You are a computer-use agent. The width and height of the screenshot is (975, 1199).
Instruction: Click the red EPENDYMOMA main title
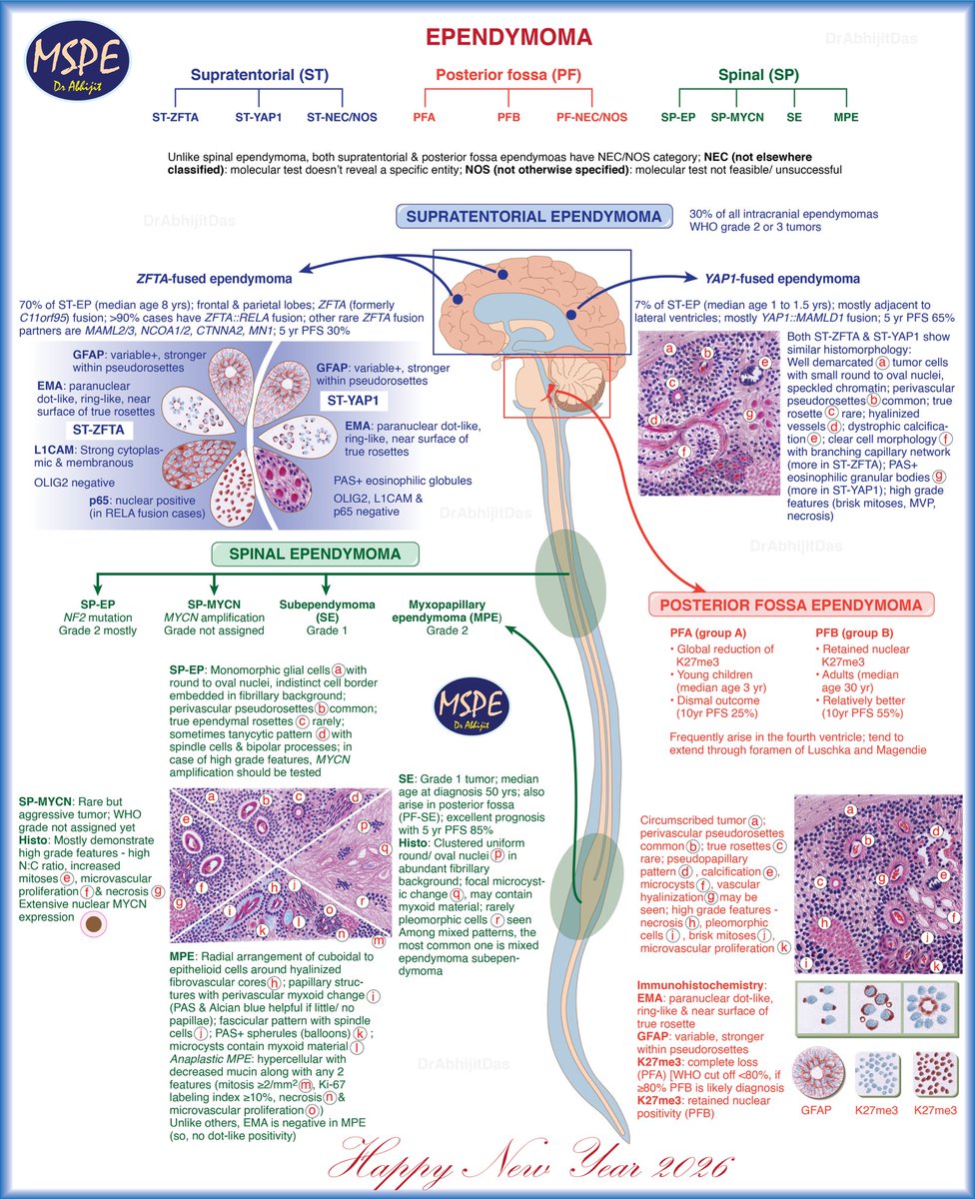click(508, 37)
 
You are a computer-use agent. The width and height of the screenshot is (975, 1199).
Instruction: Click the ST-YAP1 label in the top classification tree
click(259, 117)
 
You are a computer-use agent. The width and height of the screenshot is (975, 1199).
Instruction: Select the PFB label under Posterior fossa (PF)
click(508, 117)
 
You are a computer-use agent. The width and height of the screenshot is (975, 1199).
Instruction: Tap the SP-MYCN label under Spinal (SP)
click(737, 117)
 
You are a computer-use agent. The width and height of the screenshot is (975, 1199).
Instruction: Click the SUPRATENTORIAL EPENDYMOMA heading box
click(533, 216)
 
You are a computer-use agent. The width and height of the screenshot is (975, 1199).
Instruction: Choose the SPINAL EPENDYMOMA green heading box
click(315, 554)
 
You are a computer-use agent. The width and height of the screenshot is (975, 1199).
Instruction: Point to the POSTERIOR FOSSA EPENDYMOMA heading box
click(791, 605)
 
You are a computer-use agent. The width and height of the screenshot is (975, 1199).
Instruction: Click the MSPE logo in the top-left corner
click(77, 61)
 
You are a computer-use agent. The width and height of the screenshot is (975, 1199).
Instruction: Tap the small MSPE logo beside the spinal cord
click(472, 705)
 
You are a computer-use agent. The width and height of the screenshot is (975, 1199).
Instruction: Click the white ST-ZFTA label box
click(99, 430)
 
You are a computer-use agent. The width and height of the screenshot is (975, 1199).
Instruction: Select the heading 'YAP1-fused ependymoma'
click(782, 279)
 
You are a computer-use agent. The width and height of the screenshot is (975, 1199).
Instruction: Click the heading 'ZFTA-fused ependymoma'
click(215, 279)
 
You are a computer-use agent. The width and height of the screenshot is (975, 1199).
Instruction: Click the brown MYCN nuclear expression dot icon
click(93, 924)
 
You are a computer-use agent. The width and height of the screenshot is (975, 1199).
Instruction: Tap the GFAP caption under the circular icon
click(816, 1110)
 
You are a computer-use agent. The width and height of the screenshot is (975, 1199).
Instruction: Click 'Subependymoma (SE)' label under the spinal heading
click(327, 610)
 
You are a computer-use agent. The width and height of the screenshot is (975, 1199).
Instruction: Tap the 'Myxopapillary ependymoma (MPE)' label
click(447, 610)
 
